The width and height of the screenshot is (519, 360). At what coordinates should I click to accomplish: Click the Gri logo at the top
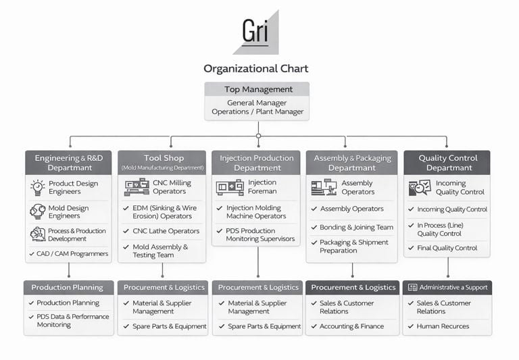pos(256,32)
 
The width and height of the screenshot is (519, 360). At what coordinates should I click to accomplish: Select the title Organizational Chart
pos(256,68)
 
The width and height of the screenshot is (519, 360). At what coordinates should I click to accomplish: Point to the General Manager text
pos(257,103)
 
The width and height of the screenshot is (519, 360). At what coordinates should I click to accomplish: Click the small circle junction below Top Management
pos(258,136)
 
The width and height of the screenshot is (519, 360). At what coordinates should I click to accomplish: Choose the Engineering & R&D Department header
pos(69,163)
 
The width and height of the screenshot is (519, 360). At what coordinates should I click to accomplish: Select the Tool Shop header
pos(163,162)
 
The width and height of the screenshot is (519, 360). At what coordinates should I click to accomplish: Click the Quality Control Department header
pos(447,163)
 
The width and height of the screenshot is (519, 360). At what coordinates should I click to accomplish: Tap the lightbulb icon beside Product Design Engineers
pos(38,187)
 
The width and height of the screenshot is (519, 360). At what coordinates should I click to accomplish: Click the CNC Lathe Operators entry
pos(166,231)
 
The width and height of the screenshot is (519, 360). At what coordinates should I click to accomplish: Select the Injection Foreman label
pos(262,186)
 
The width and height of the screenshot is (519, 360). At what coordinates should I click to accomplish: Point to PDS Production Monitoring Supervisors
pos(261,234)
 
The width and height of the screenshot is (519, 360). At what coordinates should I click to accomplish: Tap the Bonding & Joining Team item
pos(356,228)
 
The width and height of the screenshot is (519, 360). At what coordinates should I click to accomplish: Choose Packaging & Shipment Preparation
pos(354,247)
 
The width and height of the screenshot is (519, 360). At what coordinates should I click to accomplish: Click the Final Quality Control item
pos(447,248)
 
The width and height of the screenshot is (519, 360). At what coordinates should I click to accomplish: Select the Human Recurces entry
pos(443,326)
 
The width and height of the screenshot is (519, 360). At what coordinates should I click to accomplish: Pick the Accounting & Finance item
pos(352,326)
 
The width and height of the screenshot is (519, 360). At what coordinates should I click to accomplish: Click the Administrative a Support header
pos(448,287)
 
